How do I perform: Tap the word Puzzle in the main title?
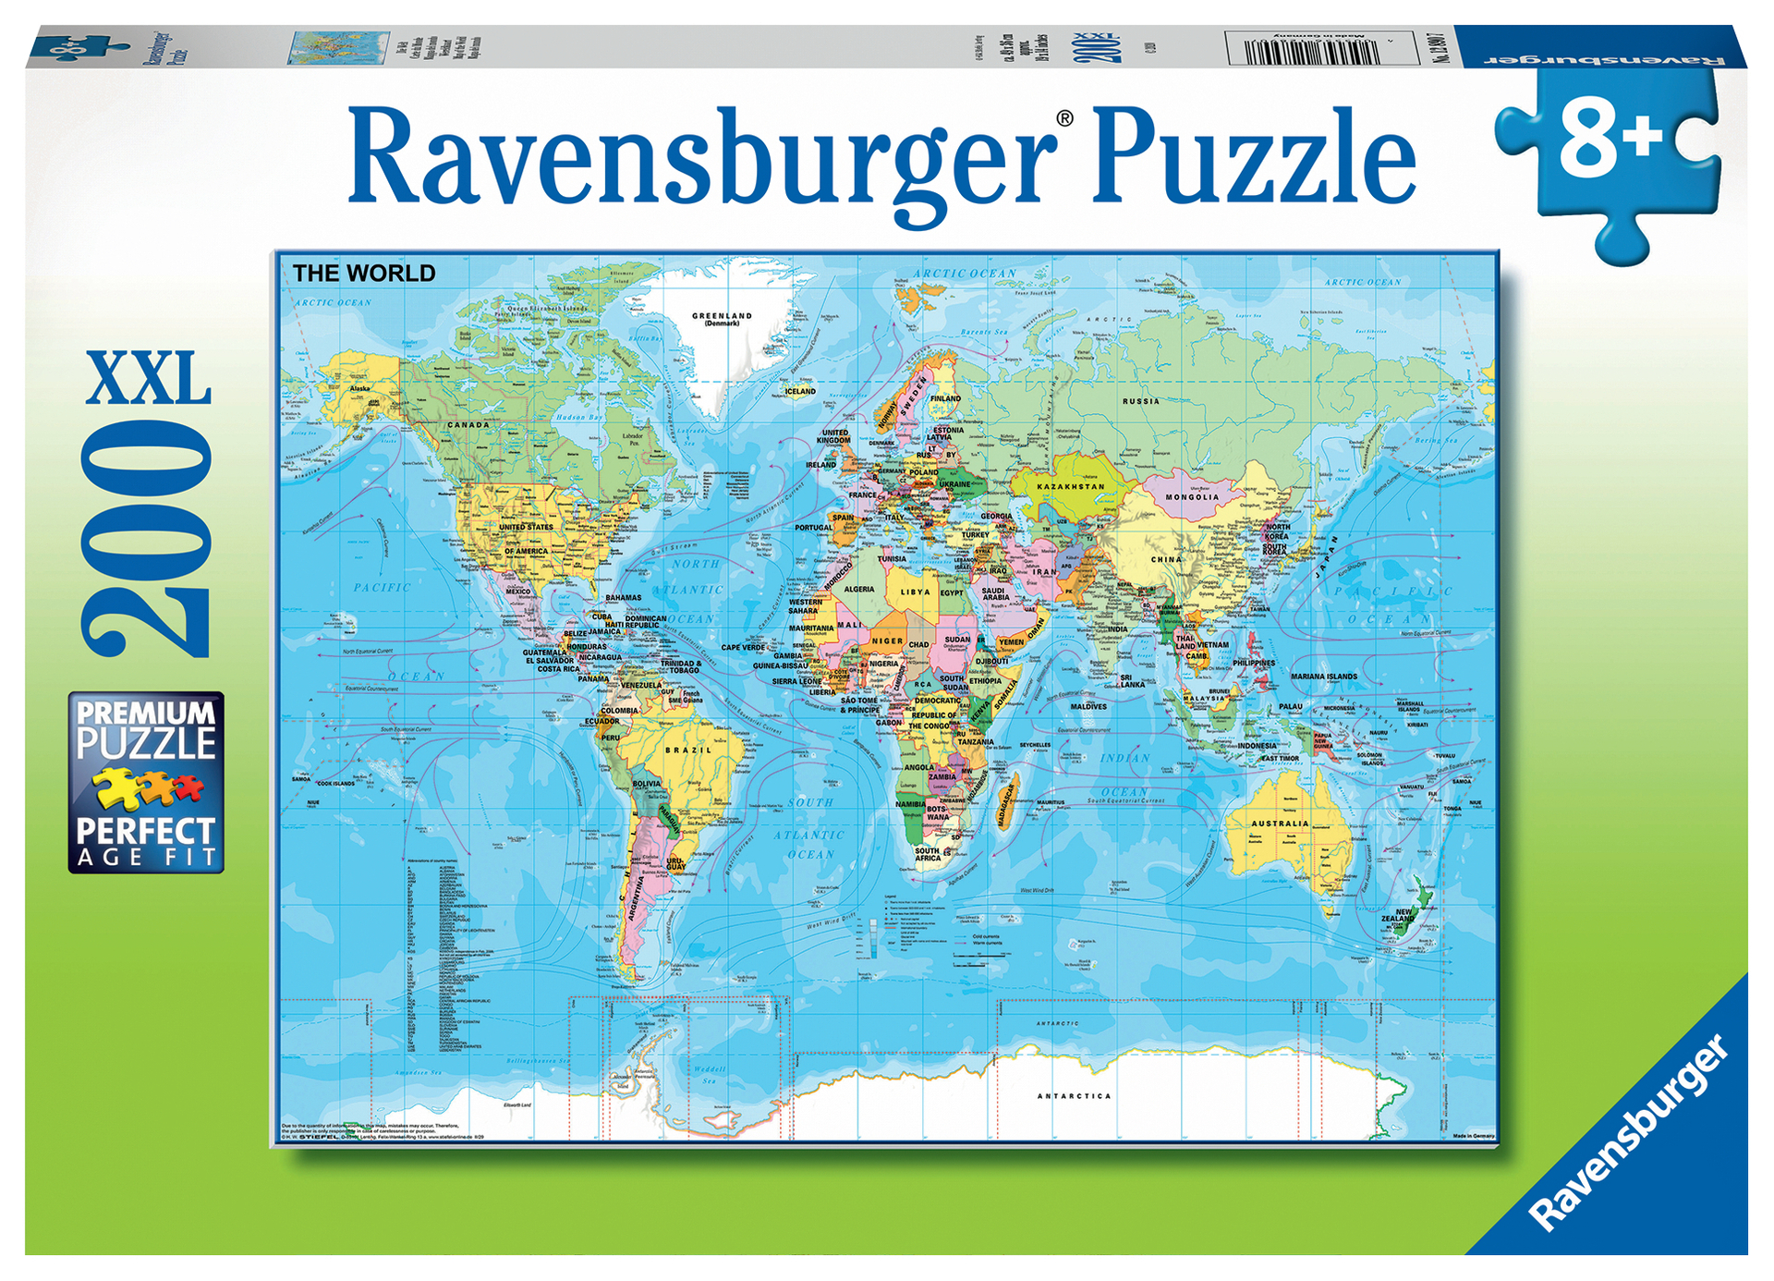coord(1255,157)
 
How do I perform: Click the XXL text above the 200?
coord(149,378)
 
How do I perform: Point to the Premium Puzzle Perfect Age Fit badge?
coord(146,782)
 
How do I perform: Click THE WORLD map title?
coord(364,274)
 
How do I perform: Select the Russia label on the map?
coord(1141,401)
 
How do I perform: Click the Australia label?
coord(1280,823)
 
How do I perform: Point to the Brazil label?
coord(688,750)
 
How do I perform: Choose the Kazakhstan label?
coord(1071,486)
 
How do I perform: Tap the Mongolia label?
coord(1192,497)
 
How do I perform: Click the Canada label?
coord(468,425)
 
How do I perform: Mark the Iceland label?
coord(800,391)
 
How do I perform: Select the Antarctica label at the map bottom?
coord(1074,1096)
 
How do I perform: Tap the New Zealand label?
coord(1403,915)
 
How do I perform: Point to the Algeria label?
coord(858,590)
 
